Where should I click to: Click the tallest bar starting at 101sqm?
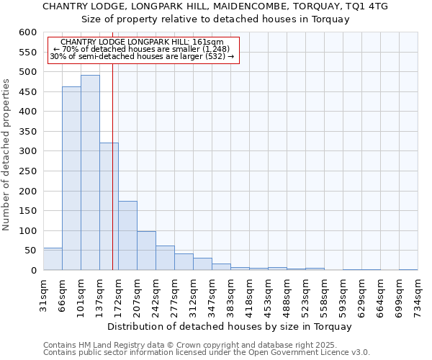point(90,173)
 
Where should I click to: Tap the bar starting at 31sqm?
point(53,259)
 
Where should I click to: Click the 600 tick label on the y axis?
point(27,32)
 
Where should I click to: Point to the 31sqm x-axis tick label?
point(44,294)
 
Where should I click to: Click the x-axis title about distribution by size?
point(230,326)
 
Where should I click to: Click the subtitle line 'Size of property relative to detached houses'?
point(215,19)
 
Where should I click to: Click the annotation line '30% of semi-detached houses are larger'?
point(142,56)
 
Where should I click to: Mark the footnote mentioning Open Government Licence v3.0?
point(207,352)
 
